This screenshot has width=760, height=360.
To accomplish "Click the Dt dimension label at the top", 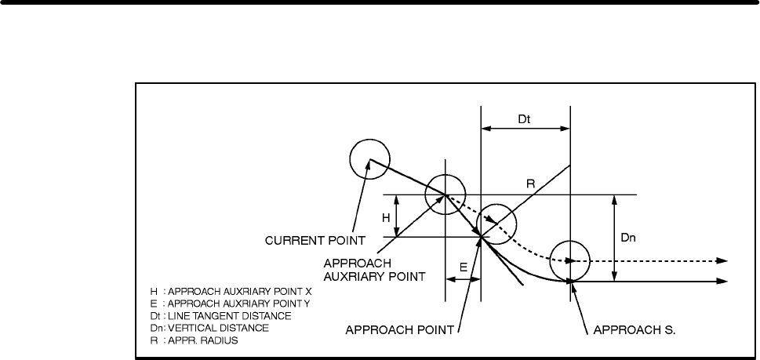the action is click(x=525, y=119).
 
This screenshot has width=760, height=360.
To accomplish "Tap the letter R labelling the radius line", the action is click(x=530, y=184).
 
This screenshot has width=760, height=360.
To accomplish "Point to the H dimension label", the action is click(x=386, y=218).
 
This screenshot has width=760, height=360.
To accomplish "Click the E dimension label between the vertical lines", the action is click(x=464, y=267).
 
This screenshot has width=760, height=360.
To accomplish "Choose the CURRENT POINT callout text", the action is click(x=315, y=240).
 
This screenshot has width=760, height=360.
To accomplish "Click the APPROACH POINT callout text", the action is click(x=399, y=330).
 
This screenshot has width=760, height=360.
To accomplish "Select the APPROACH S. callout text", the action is click(x=635, y=330).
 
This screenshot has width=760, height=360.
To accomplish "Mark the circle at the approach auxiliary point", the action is click(x=445, y=174).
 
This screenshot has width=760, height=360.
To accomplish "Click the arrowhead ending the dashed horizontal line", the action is click(x=722, y=260).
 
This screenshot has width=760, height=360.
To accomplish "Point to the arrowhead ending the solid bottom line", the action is click(x=722, y=281).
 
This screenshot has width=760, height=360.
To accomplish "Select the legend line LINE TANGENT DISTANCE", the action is click(x=221, y=316).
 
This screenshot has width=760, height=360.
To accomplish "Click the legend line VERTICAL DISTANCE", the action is click(x=209, y=328).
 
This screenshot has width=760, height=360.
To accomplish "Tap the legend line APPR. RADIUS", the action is click(x=195, y=340).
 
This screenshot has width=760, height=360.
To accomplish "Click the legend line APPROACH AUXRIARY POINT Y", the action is click(x=231, y=304).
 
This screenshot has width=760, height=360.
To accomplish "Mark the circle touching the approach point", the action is click(x=496, y=204).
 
